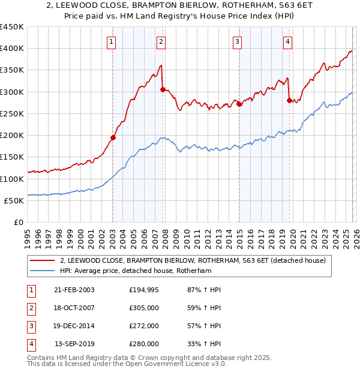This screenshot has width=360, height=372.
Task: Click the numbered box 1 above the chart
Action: click(x=112, y=41)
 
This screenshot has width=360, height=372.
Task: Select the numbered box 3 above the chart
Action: click(x=238, y=41)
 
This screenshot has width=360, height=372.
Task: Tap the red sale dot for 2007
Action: click(x=163, y=89)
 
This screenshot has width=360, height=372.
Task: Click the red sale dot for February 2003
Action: click(x=113, y=137)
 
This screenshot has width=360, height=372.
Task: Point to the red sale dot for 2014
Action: click(x=239, y=104)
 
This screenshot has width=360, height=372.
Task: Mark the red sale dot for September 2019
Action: click(x=289, y=100)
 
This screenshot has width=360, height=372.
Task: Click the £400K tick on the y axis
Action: click(x=12, y=49)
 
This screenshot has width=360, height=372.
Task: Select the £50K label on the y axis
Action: click(x=14, y=200)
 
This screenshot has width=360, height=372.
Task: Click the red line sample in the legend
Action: click(x=43, y=261)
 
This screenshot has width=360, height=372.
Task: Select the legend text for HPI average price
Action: click(x=136, y=271)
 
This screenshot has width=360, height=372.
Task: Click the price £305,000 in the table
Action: click(x=144, y=308)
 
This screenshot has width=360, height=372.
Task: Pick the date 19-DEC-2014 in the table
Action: click(x=74, y=326)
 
